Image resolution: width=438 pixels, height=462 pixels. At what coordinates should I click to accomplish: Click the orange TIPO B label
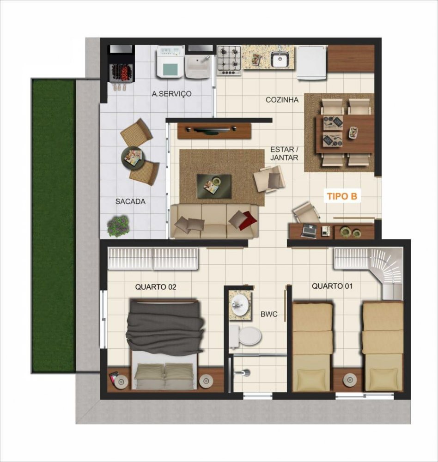(342, 196)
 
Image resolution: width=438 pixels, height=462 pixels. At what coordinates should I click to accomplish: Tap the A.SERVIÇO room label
(171, 94)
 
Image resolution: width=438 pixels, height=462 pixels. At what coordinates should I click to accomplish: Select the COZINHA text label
(282, 100)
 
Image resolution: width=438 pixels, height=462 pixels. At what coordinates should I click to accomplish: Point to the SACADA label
(130, 201)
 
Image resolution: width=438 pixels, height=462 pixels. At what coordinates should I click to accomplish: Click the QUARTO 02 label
(156, 287)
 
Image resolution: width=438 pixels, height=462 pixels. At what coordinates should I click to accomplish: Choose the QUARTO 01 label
(332, 286)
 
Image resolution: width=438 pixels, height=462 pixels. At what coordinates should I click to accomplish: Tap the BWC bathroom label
(269, 314)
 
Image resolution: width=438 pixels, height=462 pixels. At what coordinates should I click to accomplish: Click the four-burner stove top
(229, 60)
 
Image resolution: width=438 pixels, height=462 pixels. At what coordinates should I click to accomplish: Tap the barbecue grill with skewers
(121, 72)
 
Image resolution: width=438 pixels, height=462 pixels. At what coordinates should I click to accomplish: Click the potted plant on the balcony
(118, 225)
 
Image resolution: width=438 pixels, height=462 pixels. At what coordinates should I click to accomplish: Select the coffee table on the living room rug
(214, 186)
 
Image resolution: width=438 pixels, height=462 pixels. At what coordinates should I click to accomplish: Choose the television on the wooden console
(214, 130)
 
